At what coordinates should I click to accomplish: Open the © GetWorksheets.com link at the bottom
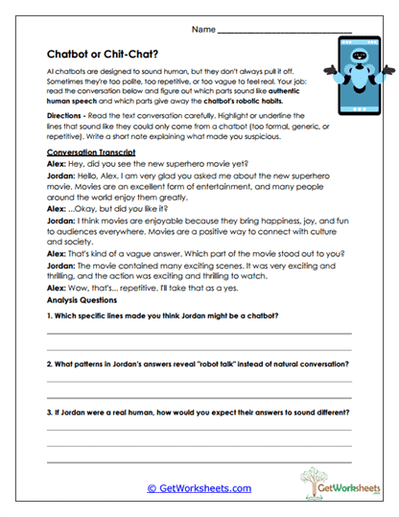click(x=199, y=488)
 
